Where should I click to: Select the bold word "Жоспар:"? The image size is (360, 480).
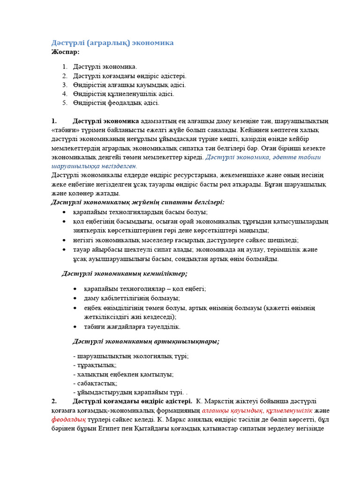click(66, 52)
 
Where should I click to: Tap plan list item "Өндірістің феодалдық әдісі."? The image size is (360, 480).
click(116, 103)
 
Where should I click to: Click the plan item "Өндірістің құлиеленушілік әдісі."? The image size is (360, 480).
click(123, 94)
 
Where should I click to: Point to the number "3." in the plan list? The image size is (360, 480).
click(65, 85)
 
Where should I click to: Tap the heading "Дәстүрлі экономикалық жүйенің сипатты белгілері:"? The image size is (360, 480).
click(138, 202)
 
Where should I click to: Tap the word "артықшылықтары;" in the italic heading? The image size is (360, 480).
click(191, 341)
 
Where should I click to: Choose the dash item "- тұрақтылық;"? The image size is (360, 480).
click(95, 365)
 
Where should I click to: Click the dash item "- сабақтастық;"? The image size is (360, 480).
click(95, 383)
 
